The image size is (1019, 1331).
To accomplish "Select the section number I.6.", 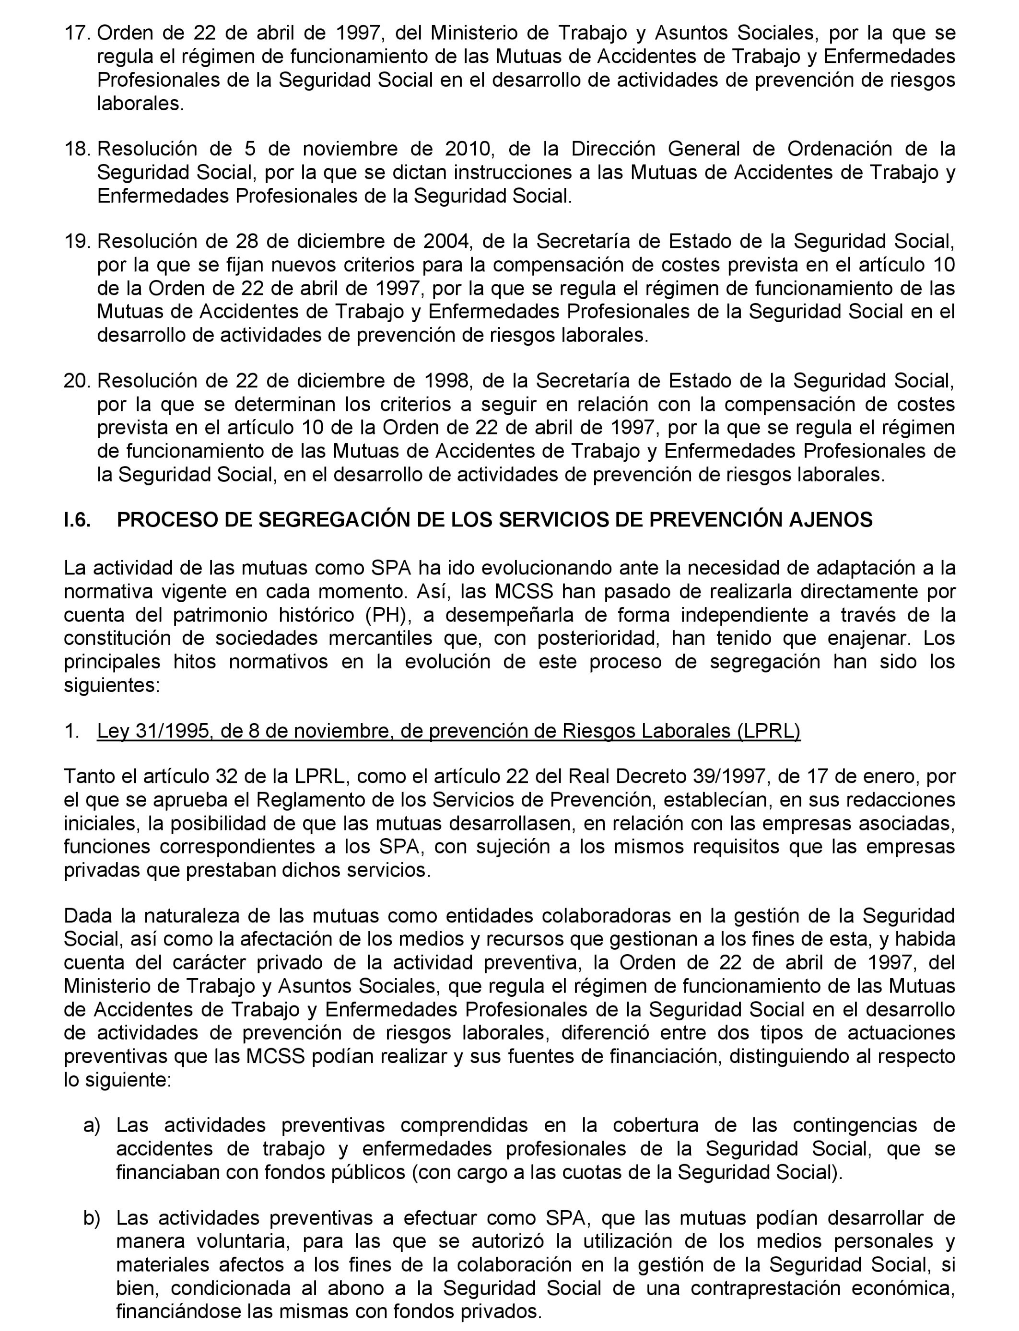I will coord(78,520).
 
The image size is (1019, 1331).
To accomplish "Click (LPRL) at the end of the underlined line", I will coord(769,732).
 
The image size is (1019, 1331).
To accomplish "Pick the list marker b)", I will coord(92,1218).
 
